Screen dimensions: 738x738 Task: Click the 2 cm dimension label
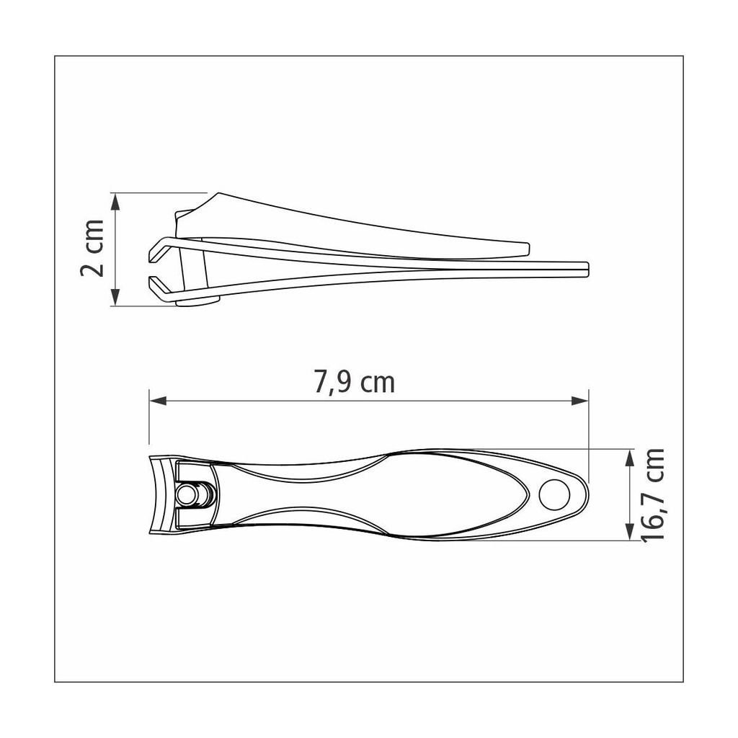pyautogui.click(x=93, y=248)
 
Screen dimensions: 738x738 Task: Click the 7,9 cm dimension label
pyautogui.click(x=355, y=382)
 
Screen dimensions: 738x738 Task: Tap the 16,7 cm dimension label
pyautogui.click(x=653, y=495)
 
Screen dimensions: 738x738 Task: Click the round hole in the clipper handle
pyautogui.click(x=554, y=494)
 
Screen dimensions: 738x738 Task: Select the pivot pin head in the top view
pyautogui.click(x=187, y=494)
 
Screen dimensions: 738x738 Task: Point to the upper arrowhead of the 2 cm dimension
pyautogui.click(x=115, y=202)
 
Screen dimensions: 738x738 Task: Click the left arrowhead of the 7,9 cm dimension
pyautogui.click(x=158, y=401)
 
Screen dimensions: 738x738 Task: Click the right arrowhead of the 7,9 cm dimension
pyautogui.click(x=580, y=401)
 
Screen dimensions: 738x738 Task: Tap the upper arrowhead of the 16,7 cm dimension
pyautogui.click(x=630, y=458)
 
